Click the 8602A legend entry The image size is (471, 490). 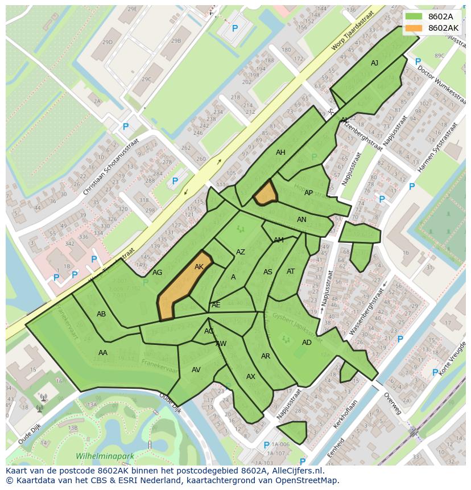[x=440, y=16]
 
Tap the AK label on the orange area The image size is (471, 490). [x=199, y=267]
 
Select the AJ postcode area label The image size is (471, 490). [x=374, y=63]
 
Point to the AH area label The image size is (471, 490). [x=280, y=153]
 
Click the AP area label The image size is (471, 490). [x=308, y=193]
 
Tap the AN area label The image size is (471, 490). [x=301, y=220]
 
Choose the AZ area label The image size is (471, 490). [x=241, y=252]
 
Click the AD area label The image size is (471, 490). [x=307, y=343]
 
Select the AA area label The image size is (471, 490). [x=103, y=353]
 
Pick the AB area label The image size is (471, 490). [x=101, y=314]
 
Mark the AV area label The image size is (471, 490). [x=196, y=370]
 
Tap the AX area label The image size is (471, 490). [x=251, y=377]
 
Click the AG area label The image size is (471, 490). [x=158, y=273]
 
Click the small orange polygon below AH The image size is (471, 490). [x=265, y=193]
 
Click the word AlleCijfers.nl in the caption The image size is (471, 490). [x=296, y=471]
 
